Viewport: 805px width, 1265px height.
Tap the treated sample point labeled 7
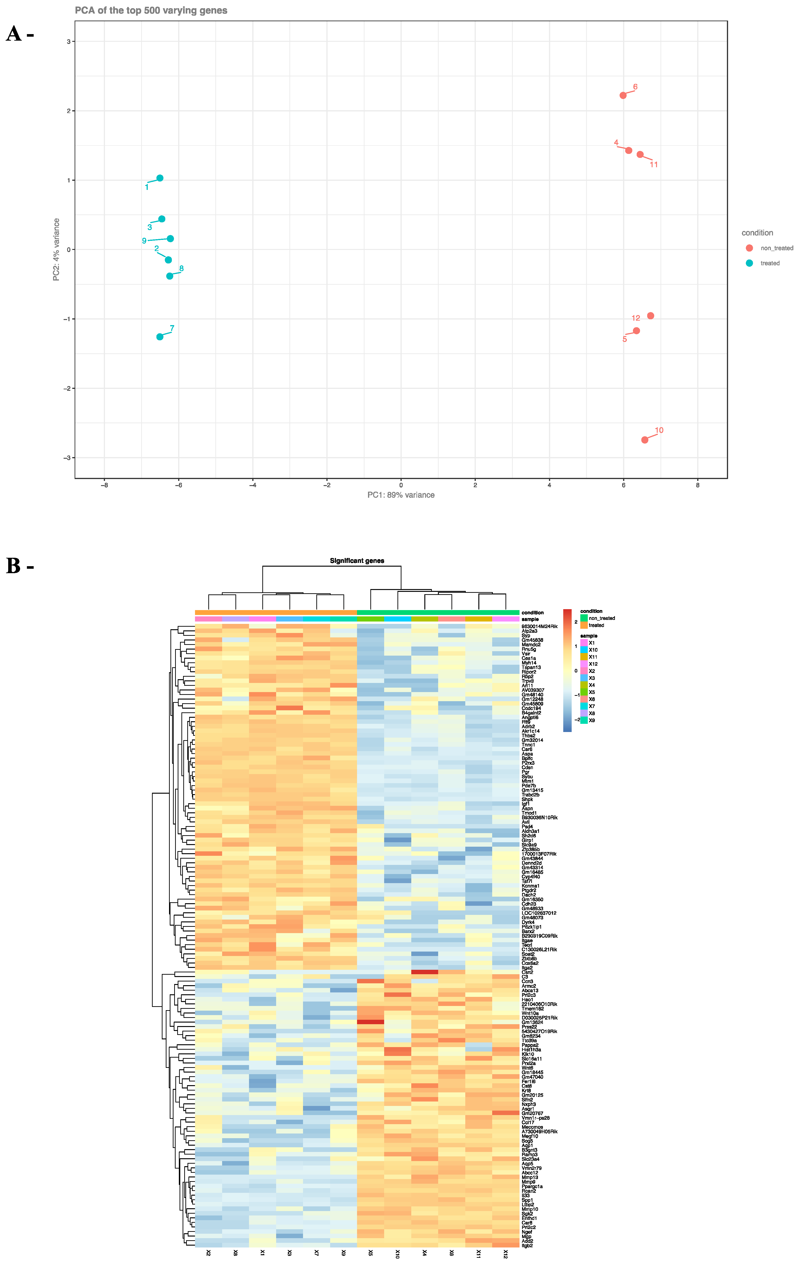click(x=160, y=337)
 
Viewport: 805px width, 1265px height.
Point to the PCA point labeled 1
click(x=160, y=178)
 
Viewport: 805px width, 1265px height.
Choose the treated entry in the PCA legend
click(x=763, y=263)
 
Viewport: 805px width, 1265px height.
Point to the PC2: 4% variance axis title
click(x=56, y=249)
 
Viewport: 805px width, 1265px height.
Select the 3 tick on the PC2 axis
click(x=68, y=42)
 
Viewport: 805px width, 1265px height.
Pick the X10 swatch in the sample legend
click(x=584, y=650)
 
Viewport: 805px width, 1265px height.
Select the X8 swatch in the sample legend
click(x=584, y=713)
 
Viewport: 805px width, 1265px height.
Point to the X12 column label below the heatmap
click(x=505, y=1254)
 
